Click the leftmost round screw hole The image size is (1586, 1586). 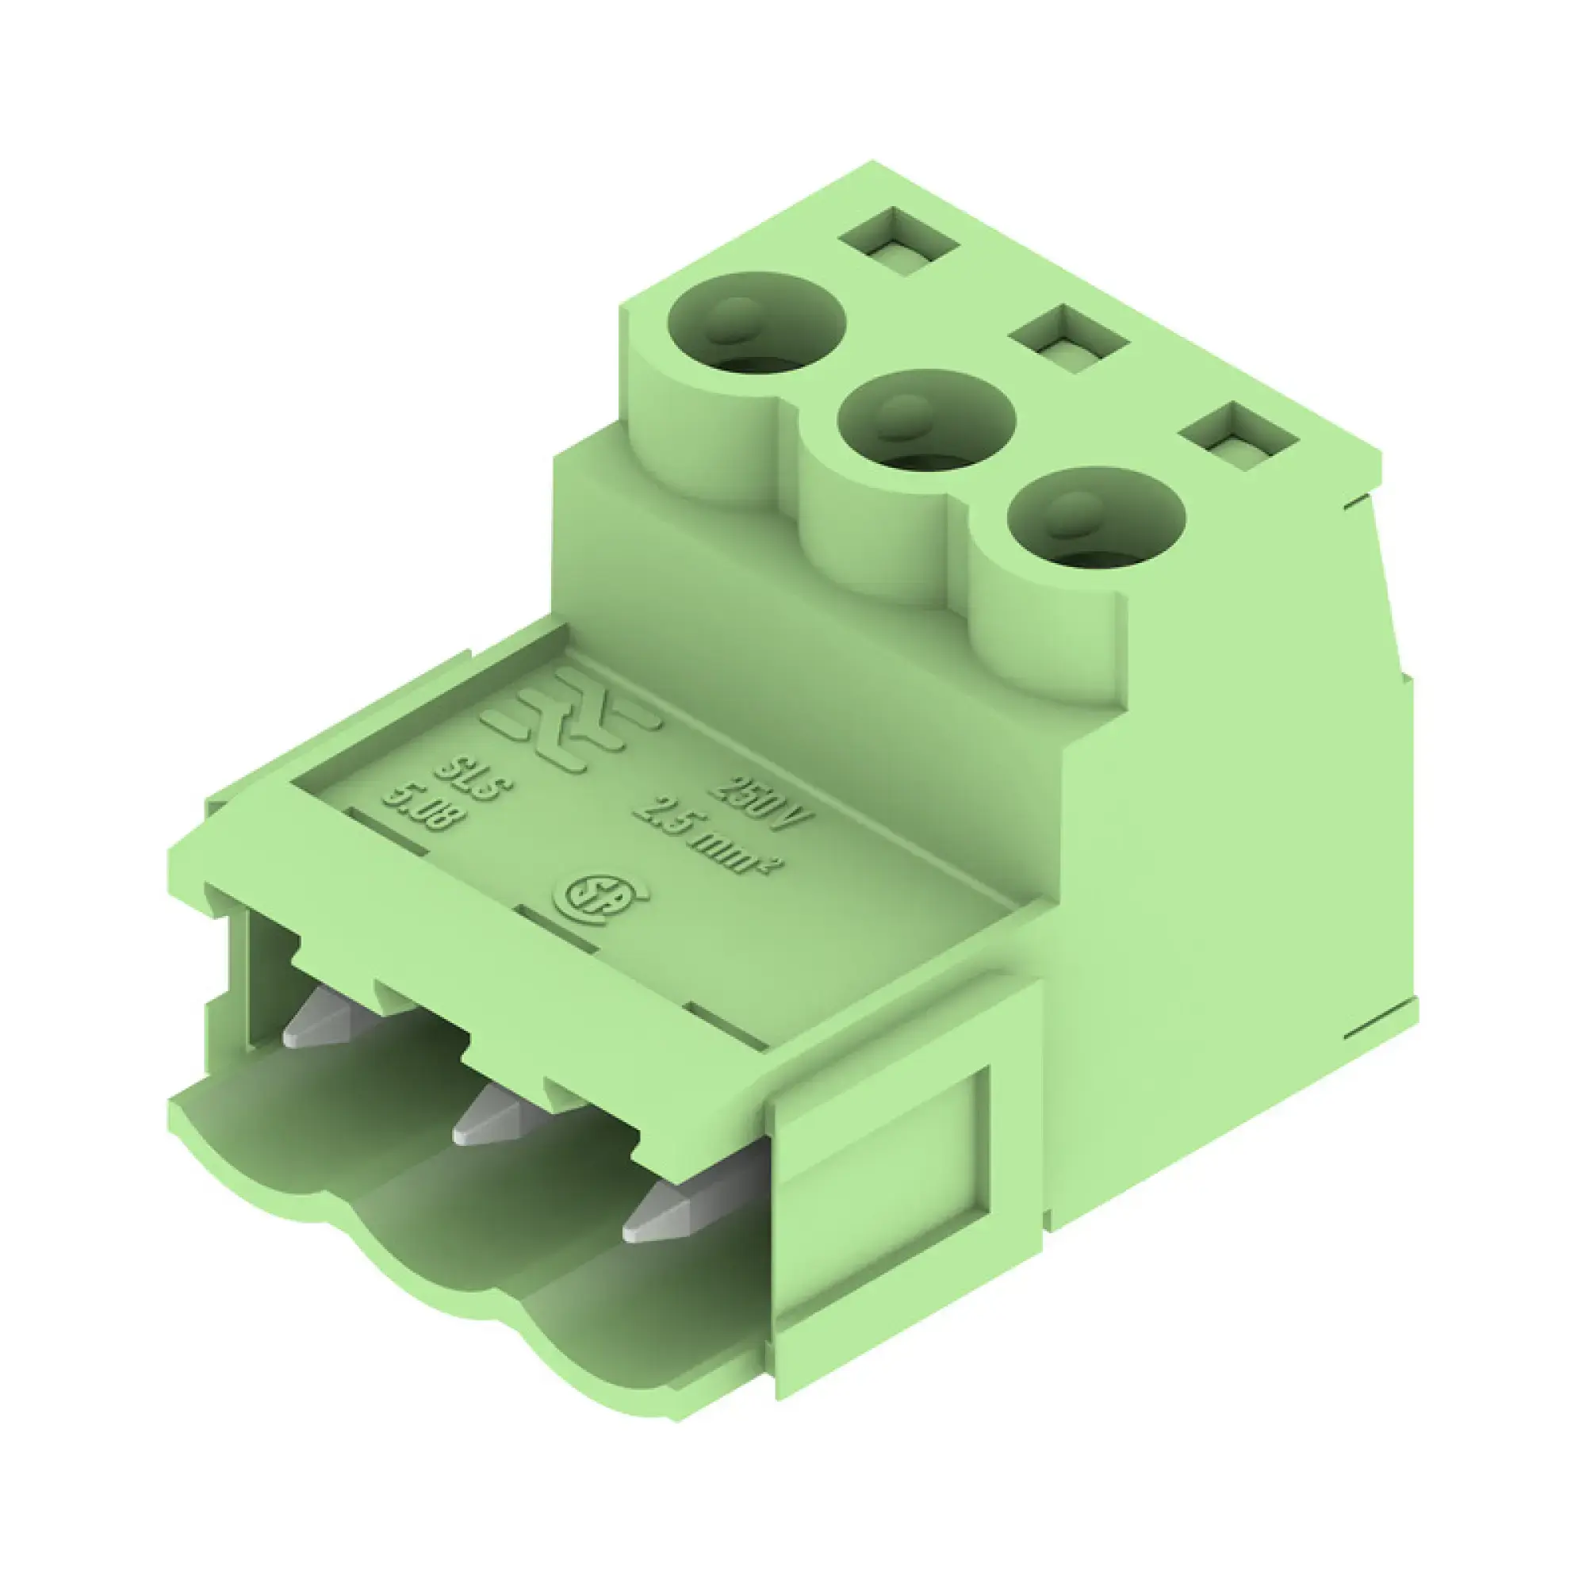point(757,324)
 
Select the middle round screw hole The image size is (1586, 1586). point(926,421)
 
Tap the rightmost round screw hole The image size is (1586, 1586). point(1097,520)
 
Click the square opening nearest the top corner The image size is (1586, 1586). point(900,243)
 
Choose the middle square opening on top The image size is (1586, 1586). point(1069,340)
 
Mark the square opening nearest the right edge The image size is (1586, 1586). point(1241,438)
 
